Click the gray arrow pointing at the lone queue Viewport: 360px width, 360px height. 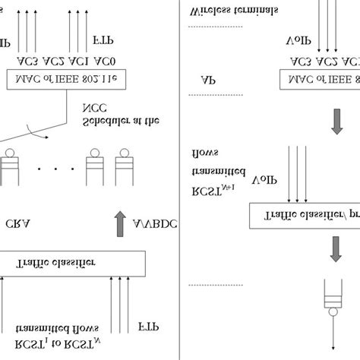[335, 250]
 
